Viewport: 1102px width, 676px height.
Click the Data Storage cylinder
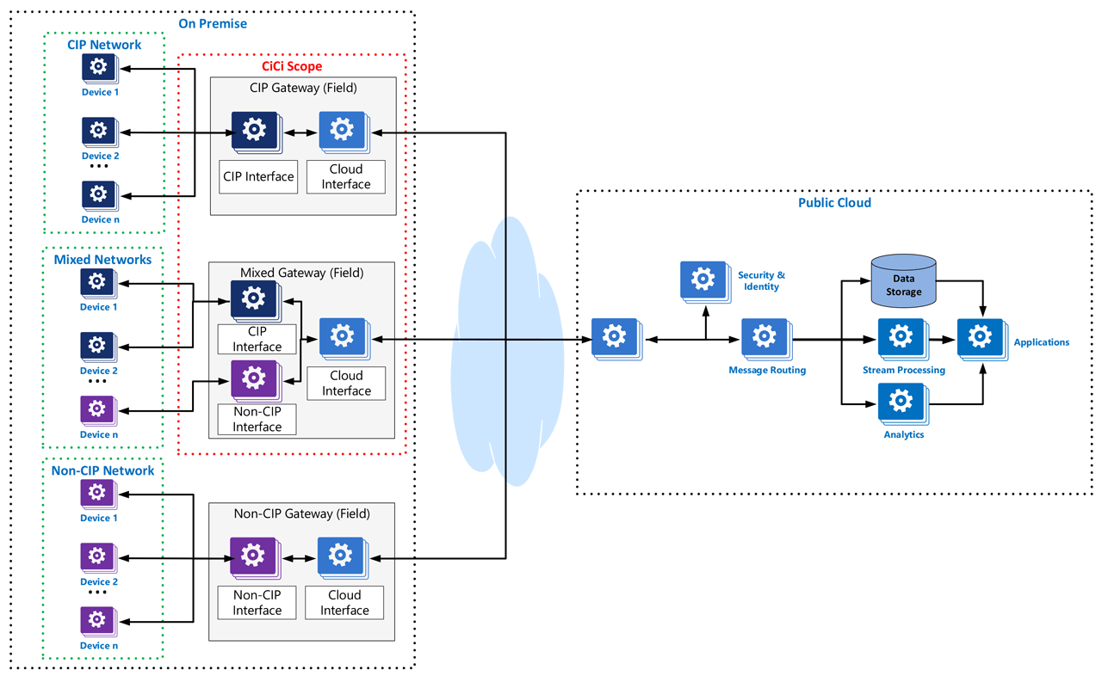click(903, 281)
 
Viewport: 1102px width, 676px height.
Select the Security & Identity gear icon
click(703, 279)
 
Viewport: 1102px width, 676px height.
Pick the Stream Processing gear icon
click(901, 336)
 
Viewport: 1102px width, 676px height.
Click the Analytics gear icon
click(901, 401)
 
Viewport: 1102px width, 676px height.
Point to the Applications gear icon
click(981, 336)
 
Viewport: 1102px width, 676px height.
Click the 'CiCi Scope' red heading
click(291, 65)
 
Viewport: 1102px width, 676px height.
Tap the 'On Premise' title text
click(212, 23)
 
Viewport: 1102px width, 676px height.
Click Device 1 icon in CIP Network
click(99, 67)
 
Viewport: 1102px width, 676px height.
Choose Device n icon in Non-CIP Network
click(97, 620)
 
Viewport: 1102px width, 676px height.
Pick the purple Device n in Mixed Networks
click(97, 409)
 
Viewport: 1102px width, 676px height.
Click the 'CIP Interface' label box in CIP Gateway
click(258, 176)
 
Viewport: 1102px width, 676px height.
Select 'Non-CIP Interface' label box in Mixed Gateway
click(257, 419)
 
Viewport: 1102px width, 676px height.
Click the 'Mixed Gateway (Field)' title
click(301, 273)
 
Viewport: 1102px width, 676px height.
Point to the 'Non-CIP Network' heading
click(104, 470)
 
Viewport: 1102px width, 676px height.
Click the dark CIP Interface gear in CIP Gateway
click(253, 130)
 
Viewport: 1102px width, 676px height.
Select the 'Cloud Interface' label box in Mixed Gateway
click(346, 383)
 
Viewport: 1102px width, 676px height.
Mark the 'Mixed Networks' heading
click(102, 259)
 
